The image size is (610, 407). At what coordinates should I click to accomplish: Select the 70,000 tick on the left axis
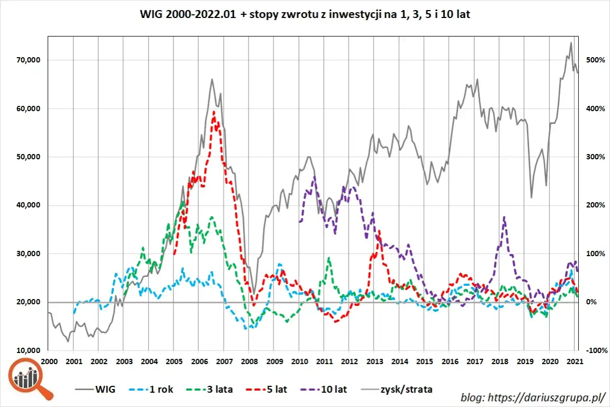point(26,60)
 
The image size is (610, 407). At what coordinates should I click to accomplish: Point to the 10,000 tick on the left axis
point(26,350)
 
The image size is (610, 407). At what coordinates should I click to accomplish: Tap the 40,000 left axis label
point(26,205)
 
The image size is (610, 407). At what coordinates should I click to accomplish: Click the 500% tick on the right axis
point(593,60)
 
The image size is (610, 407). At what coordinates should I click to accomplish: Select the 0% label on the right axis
point(590,302)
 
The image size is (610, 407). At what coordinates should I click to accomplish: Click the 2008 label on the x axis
point(248,361)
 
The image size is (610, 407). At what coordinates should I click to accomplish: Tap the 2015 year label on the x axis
point(424,361)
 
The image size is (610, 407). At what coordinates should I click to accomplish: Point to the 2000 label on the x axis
point(48,361)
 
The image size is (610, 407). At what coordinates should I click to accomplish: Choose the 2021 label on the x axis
point(575,361)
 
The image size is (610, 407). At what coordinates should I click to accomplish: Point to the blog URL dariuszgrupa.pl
point(532,397)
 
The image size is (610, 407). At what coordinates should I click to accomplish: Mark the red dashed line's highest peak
point(214,112)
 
